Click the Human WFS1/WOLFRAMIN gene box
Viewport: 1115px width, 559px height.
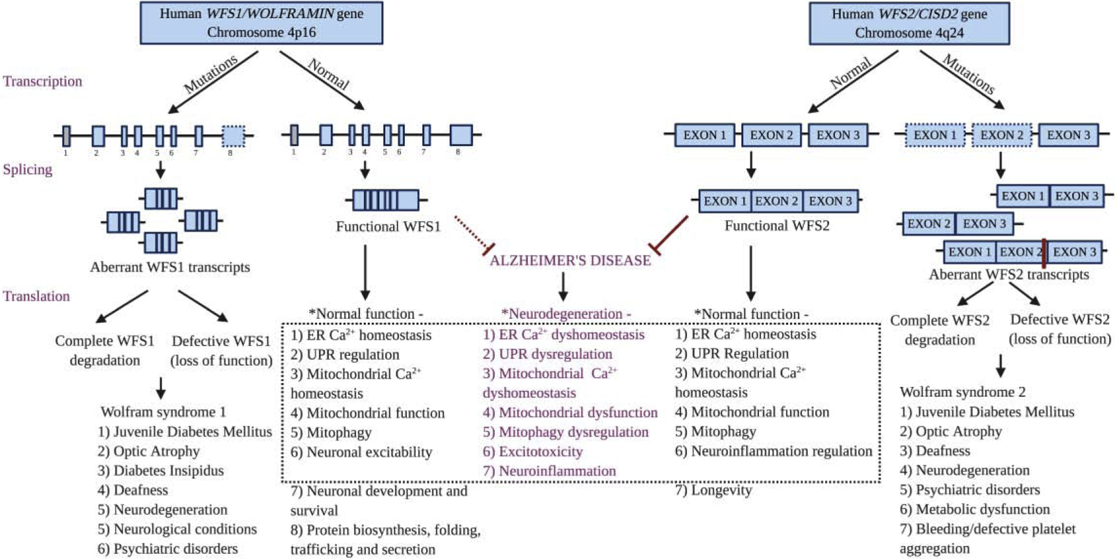point(261,23)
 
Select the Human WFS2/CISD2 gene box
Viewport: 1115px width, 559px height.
point(909,23)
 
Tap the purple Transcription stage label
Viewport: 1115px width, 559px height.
point(42,81)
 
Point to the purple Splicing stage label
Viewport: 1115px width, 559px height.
point(28,169)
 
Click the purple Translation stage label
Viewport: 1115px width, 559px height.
point(36,296)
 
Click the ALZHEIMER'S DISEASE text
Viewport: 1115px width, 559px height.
point(570,261)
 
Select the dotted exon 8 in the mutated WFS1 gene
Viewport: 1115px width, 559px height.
point(233,136)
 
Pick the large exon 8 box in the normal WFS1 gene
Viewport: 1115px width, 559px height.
point(461,135)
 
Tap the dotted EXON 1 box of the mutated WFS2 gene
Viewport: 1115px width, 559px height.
point(935,135)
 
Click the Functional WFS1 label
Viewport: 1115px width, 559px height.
point(388,226)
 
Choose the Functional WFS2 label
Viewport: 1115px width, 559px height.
point(776,226)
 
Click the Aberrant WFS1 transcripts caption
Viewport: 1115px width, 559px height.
point(170,267)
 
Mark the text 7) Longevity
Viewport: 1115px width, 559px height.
point(713,491)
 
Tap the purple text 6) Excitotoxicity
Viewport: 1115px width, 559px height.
point(533,452)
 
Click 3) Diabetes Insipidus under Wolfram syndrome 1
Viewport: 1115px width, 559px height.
point(161,471)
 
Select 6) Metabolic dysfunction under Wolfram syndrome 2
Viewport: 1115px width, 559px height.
point(974,510)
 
